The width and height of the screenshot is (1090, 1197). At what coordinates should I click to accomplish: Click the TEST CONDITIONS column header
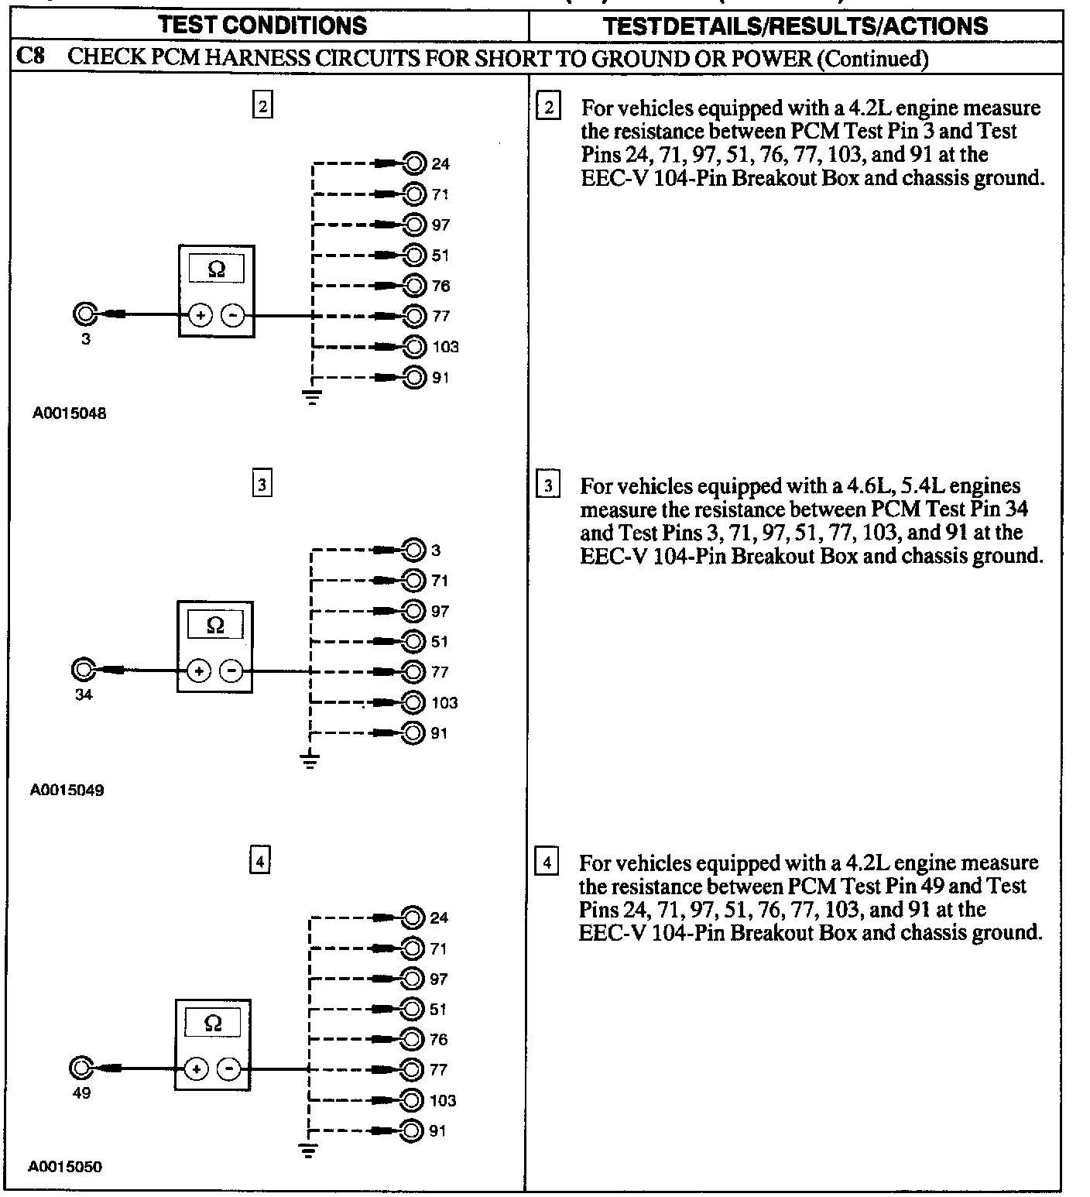(x=262, y=25)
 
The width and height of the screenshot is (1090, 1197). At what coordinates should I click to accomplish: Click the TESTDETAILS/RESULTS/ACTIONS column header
(x=795, y=26)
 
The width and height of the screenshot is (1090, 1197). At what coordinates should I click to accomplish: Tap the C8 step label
(x=30, y=57)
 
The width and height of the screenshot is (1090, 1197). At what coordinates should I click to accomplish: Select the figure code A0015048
(x=69, y=413)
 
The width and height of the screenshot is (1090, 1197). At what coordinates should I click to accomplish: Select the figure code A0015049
(x=67, y=791)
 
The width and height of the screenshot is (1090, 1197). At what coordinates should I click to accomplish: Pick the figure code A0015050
(x=65, y=1167)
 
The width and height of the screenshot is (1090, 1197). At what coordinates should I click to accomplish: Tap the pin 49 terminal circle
(x=80, y=1068)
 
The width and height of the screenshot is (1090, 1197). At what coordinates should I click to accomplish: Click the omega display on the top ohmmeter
(x=217, y=269)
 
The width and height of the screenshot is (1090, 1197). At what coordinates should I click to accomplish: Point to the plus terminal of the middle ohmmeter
(x=199, y=671)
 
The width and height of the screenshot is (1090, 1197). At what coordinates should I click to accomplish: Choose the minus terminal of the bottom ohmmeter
(x=229, y=1069)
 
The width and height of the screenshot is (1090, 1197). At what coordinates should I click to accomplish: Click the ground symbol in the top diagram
(x=312, y=399)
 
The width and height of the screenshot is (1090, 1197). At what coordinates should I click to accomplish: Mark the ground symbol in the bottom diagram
(x=308, y=1150)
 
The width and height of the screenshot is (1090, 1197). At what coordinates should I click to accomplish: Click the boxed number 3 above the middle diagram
(x=262, y=485)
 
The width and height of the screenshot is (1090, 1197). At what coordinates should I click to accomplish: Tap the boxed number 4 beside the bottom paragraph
(x=547, y=862)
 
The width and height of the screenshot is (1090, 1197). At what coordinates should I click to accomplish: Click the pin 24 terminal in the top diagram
(x=415, y=163)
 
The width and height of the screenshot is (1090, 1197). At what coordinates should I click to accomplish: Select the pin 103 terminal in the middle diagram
(x=415, y=702)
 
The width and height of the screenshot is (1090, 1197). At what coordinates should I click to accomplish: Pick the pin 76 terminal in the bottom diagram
(x=413, y=1039)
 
